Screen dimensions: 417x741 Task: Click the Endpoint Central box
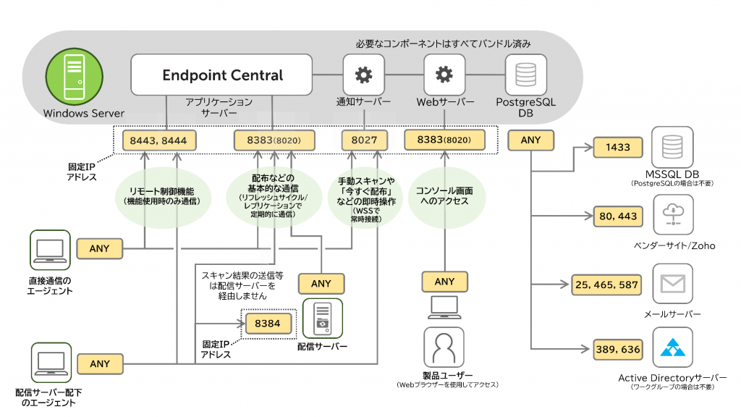(222, 75)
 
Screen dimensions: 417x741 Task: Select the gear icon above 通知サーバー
(363, 75)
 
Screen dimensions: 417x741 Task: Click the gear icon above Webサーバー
(444, 75)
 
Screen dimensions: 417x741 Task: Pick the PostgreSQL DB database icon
(525, 75)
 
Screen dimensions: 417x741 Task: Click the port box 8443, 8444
(154, 140)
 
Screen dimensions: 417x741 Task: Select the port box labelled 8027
(364, 140)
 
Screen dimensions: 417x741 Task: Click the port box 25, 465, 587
(606, 285)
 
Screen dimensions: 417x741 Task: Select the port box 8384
(268, 323)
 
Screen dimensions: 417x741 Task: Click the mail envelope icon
(672, 285)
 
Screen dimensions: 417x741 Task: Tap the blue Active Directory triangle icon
(672, 349)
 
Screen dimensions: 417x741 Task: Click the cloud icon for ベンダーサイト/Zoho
(672, 214)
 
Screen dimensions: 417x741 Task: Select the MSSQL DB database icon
(672, 147)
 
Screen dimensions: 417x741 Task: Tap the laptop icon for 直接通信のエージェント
(50, 250)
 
